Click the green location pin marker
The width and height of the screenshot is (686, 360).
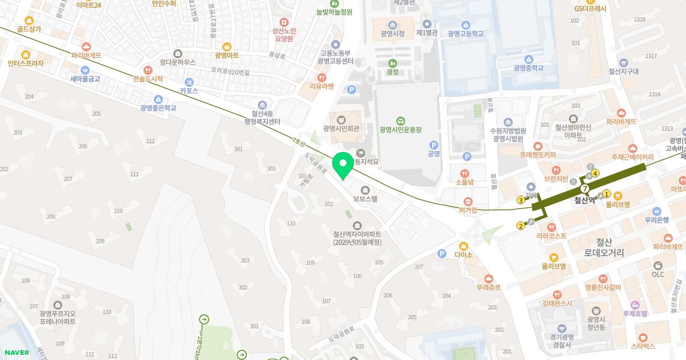pos(343,165)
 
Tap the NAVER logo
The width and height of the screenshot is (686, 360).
pos(16,353)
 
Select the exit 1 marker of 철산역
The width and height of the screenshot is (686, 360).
pos(607,194)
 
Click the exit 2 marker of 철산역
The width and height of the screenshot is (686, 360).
pos(521,226)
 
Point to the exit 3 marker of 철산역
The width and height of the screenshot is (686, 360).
pos(520,200)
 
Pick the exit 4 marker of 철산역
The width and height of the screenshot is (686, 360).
pos(595,173)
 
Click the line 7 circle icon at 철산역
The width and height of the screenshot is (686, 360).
pos(584,189)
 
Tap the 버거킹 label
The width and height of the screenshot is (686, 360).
pos(468,210)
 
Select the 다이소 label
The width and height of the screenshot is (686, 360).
pos(463,255)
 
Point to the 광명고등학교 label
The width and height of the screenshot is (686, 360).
pos(466,34)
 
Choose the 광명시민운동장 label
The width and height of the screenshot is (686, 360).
pos(400,130)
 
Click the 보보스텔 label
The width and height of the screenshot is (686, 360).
pos(365,199)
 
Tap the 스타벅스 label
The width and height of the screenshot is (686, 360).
pos(643,346)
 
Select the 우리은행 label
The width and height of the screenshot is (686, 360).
pos(656,219)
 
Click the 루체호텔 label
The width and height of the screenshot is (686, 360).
pos(635,313)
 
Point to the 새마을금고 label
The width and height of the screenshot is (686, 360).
pos(85,78)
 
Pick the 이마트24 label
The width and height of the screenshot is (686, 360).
pos(89,5)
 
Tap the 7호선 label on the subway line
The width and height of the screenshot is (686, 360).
pos(299,143)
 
